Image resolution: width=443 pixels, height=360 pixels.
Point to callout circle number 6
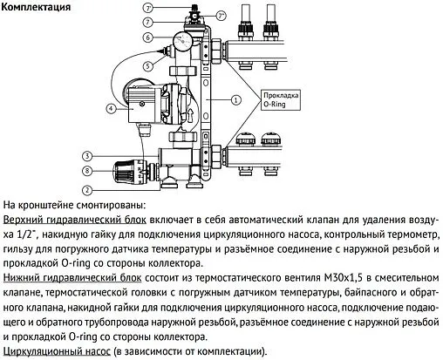(149, 37)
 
